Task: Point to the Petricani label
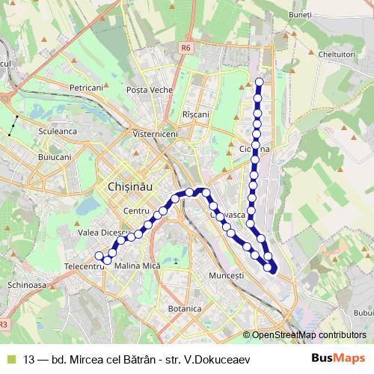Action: tap(86, 88)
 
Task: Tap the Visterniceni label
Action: tap(156, 134)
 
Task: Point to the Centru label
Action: tap(137, 211)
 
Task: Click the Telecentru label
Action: tap(84, 266)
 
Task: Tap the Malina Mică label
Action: tap(138, 266)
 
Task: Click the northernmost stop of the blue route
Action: tap(260, 82)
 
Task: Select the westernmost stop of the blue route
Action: tap(99, 256)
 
